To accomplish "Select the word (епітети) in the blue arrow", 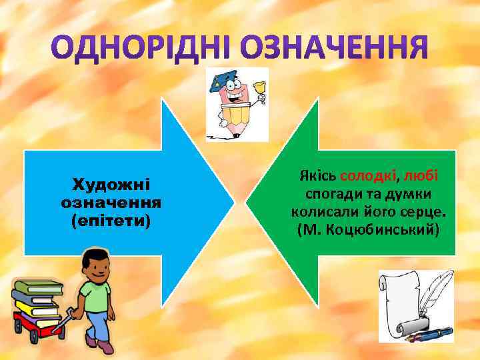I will (111, 219).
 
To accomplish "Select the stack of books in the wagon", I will (39, 300).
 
